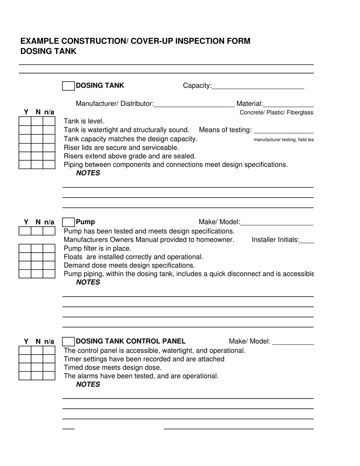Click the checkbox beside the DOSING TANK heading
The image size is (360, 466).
tap(68, 86)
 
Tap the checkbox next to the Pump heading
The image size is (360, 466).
tap(68, 222)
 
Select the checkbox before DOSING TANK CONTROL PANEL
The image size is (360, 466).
tap(68, 342)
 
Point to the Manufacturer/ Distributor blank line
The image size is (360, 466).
tap(194, 105)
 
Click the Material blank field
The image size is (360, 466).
tap(288, 105)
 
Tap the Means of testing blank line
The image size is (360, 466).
tap(283, 131)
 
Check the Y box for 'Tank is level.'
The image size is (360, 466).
tap(25, 121)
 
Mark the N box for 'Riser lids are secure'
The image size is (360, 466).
tap(37, 147)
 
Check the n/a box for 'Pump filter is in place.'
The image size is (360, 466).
tap(49, 249)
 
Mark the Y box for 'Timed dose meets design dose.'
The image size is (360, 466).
tap(25, 367)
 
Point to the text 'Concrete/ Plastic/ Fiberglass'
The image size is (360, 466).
tap(276, 113)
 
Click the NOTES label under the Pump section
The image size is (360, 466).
tap(88, 282)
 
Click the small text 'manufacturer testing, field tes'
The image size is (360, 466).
tap(283, 140)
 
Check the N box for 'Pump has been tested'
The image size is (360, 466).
tap(37, 231)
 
